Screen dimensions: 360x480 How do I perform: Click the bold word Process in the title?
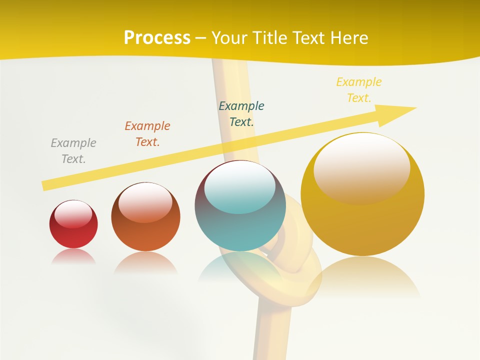tap(157, 38)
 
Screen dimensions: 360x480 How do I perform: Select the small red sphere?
tap(73, 224)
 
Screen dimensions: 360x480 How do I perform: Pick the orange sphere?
tap(145, 217)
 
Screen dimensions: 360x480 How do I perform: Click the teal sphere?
tap(240, 206)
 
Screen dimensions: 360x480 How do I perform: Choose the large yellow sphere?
tap(362, 194)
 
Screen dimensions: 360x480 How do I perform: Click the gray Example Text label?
tap(73, 151)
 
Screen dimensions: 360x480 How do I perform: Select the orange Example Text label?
tap(147, 134)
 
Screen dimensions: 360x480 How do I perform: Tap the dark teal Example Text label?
tap(241, 114)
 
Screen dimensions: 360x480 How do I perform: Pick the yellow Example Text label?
tap(359, 90)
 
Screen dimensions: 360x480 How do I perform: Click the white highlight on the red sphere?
tap(73, 214)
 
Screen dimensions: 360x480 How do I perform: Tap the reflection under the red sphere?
tap(73, 256)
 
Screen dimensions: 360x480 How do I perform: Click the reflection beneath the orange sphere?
tap(145, 263)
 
